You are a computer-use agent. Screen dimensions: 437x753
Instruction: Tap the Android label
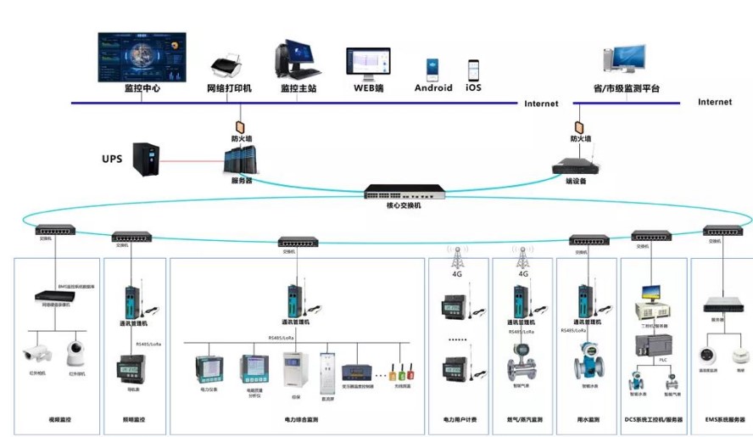click(433, 88)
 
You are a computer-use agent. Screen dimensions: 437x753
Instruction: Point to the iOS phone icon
click(473, 69)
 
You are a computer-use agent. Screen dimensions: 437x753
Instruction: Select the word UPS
click(112, 159)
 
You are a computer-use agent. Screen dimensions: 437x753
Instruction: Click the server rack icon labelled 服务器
click(240, 161)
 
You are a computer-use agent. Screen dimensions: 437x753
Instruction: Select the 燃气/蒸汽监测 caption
click(522, 420)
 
